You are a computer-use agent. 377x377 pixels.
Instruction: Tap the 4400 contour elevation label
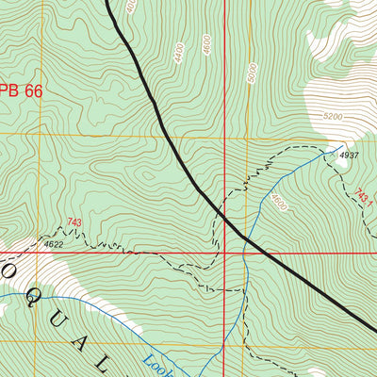point(178,54)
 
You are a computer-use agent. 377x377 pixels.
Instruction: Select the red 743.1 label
point(364,198)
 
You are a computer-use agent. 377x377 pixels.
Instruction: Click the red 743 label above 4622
point(74,223)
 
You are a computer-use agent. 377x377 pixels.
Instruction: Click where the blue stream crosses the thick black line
point(247,239)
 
